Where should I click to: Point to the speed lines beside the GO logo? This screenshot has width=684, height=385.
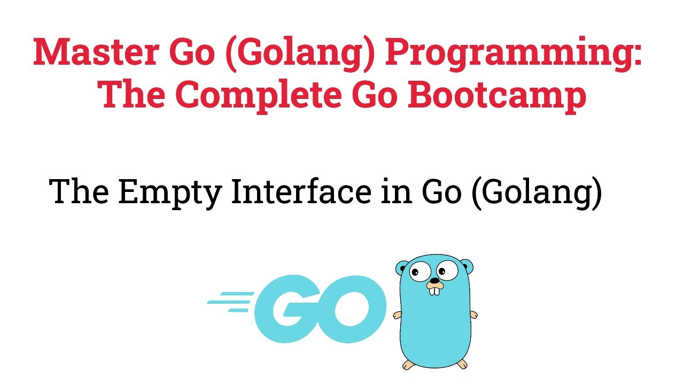[x=227, y=302]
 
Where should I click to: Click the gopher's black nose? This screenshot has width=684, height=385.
[x=436, y=280]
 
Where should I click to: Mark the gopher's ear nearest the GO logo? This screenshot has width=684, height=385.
[x=401, y=266]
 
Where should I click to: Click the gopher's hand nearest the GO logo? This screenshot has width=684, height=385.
[x=397, y=315]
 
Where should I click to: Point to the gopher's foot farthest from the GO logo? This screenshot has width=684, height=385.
[x=460, y=364]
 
